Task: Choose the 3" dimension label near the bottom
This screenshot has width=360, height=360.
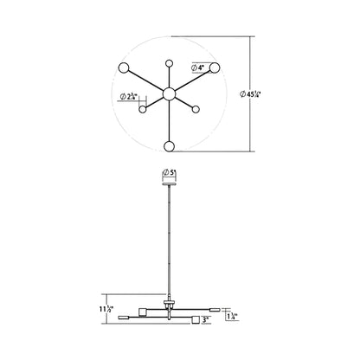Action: pyautogui.click(x=205, y=320)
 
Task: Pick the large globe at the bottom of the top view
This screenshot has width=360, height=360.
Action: pyautogui.click(x=169, y=146)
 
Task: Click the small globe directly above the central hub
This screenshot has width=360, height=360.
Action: pyautogui.click(x=169, y=64)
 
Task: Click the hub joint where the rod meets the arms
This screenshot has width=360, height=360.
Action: pyautogui.click(x=169, y=305)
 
